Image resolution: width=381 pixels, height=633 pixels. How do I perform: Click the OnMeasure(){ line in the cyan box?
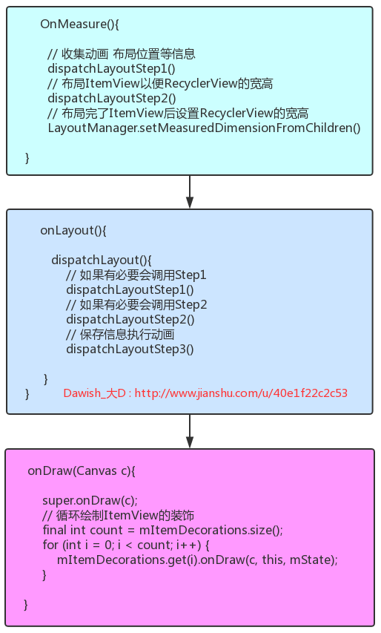click(x=79, y=24)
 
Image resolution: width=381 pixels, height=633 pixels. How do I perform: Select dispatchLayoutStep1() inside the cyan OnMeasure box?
click(x=112, y=68)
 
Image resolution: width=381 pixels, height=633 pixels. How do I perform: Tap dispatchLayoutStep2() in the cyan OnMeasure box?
click(x=112, y=98)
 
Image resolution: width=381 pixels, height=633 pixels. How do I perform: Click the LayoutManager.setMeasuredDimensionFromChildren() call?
click(x=204, y=128)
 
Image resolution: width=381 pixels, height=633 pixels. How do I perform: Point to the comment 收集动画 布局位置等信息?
click(x=122, y=53)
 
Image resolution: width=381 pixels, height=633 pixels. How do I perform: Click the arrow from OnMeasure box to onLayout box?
click(x=190, y=192)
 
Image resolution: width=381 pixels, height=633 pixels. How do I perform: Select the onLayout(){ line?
click(x=73, y=231)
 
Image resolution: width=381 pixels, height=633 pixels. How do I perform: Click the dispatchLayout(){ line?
click(x=102, y=260)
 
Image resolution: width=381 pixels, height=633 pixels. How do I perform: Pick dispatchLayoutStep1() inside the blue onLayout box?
click(x=130, y=290)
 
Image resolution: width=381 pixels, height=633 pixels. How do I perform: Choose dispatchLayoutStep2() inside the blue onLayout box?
click(x=130, y=319)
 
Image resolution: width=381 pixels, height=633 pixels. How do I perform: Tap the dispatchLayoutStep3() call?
click(x=130, y=350)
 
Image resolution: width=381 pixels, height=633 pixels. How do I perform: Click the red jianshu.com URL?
click(x=241, y=393)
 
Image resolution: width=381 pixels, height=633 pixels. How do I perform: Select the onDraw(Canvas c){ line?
click(x=82, y=470)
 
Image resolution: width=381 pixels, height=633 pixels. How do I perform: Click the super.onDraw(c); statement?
click(x=90, y=501)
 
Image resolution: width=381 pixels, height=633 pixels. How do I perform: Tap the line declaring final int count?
click(x=163, y=530)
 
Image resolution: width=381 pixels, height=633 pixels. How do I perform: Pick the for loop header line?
click(x=126, y=545)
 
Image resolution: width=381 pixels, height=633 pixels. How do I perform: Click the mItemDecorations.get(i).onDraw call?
click(x=198, y=560)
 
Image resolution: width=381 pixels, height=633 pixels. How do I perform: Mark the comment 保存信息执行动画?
click(x=120, y=334)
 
